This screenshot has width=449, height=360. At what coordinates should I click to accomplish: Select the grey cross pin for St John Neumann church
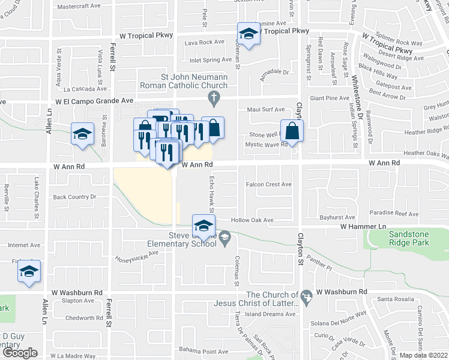pyautogui.click(x=212, y=97)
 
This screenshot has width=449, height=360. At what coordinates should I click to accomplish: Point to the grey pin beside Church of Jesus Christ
pyautogui.click(x=307, y=296)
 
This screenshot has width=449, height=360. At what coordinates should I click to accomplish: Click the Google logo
pyautogui.click(x=20, y=353)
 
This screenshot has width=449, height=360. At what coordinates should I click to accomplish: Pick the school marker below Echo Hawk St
pyautogui.click(x=203, y=226)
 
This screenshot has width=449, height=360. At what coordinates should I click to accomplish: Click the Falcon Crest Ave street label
pyautogui.click(x=268, y=185)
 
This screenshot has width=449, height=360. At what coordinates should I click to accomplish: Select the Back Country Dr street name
pyautogui.click(x=75, y=197)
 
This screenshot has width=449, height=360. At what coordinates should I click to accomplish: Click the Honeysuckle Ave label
pyautogui.click(x=137, y=256)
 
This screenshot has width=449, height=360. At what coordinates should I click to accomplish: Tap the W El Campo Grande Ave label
pyautogui.click(x=94, y=101)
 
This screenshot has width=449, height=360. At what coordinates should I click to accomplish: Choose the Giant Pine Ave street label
pyautogui.click(x=329, y=98)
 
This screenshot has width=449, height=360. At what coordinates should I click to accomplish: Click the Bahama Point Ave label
pyautogui.click(x=206, y=352)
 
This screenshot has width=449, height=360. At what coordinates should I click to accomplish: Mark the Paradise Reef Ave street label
pyautogui.click(x=394, y=213)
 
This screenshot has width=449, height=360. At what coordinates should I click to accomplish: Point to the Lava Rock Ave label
pyautogui.click(x=204, y=43)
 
